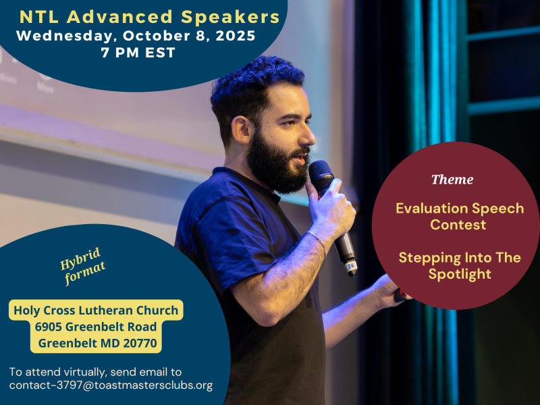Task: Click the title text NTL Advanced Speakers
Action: (150, 16)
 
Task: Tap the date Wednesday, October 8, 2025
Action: (136, 36)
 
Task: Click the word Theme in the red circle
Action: (452, 180)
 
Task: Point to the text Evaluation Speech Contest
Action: (459, 216)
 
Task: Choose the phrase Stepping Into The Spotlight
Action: (459, 265)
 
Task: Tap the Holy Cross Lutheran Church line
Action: (96, 310)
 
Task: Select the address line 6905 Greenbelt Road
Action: (96, 327)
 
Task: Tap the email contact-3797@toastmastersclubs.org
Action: (111, 385)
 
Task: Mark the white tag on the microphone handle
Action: (351, 265)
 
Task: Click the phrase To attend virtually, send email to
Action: (95, 372)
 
